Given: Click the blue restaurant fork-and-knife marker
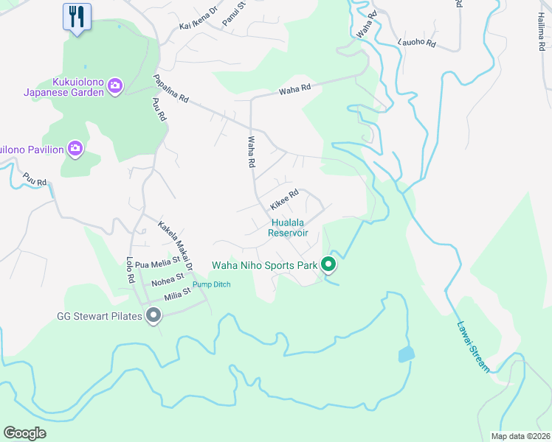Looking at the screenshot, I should pos(77,16).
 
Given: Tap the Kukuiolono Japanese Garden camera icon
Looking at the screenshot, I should pos(115,86).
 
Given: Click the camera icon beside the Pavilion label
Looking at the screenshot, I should pos(75,150).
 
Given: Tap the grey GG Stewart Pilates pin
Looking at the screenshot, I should pos(153,317).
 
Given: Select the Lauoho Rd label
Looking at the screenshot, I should pos(417,43).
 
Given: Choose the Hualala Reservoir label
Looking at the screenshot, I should pos(288,227).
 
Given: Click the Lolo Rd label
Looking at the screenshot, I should pos(130,270).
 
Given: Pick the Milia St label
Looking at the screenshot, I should pos(178,293).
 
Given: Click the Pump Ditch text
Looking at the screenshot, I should pos(212,284).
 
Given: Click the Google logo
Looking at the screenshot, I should pos(25,432).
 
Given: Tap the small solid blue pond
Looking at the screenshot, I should pos(406,355).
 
